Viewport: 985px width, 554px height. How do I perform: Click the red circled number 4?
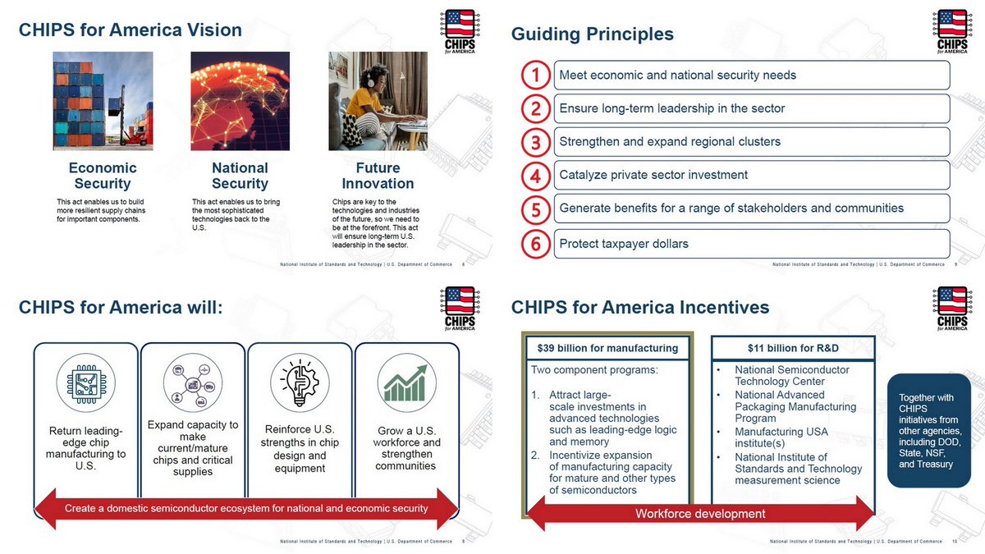coord(535,176)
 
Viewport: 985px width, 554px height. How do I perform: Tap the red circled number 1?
coord(535,76)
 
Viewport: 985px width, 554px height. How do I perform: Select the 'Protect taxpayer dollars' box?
coord(751,244)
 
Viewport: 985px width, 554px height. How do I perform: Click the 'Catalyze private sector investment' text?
coord(653,175)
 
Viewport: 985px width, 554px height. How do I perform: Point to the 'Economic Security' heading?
coord(103,176)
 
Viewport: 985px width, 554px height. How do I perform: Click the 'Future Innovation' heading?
coord(378,176)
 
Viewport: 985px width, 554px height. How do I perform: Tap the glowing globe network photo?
coord(240,101)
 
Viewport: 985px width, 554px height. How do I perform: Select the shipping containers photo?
coord(103,101)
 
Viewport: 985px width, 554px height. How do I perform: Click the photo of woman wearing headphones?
coord(378,101)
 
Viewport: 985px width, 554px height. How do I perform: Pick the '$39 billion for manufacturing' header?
coord(607,348)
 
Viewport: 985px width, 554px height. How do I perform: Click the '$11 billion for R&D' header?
coord(793,348)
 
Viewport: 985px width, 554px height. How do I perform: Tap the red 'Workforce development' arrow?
coord(699,514)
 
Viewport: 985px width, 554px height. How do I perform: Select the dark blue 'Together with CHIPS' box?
coord(928,431)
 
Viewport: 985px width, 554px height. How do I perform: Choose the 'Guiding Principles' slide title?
coord(592,34)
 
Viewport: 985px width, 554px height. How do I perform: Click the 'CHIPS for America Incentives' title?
coord(639,308)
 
